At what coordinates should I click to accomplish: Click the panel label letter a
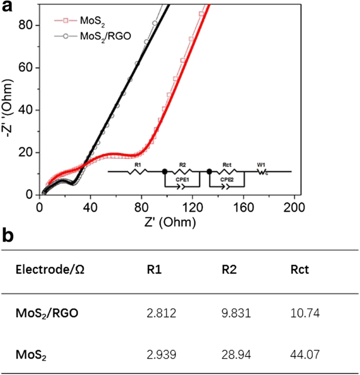click(7, 7)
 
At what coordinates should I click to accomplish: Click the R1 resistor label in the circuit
click(138, 165)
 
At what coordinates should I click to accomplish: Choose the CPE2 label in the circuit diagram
click(227, 179)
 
